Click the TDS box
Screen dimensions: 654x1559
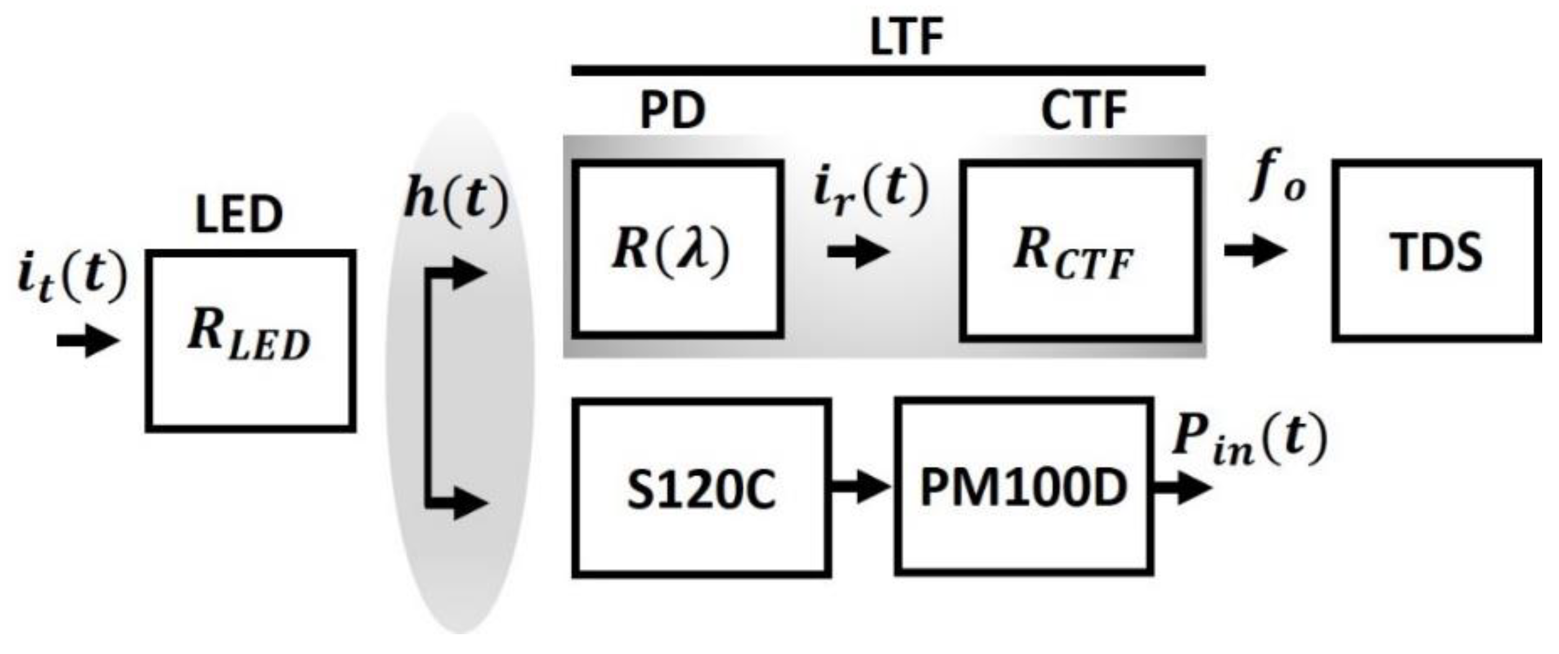click(1436, 251)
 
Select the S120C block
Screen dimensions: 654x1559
click(700, 488)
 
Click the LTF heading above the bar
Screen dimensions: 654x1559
click(906, 36)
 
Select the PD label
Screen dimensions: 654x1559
click(673, 111)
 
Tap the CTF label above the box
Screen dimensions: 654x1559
click(1084, 111)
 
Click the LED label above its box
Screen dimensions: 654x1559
click(239, 215)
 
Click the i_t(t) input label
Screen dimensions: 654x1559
click(71, 277)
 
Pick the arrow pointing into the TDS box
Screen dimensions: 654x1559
click(1255, 251)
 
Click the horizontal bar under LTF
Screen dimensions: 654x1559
click(888, 71)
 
